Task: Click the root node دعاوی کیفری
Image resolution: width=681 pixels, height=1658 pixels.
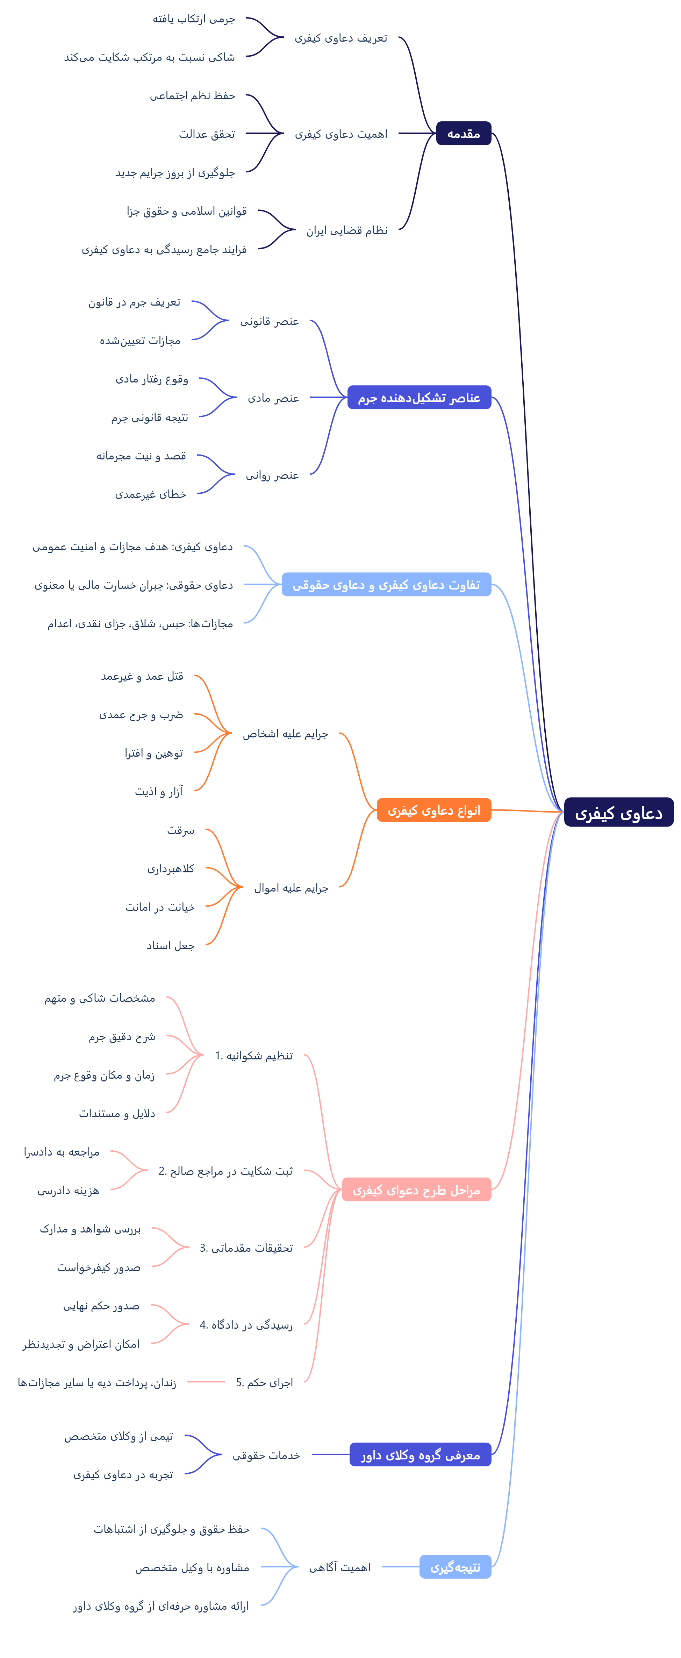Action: [x=618, y=812]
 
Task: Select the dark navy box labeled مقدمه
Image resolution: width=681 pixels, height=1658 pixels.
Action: [x=464, y=133]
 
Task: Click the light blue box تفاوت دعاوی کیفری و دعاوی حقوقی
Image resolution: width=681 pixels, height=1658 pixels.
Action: [x=386, y=584]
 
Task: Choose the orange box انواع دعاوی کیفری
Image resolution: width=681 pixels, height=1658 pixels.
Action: [x=434, y=810]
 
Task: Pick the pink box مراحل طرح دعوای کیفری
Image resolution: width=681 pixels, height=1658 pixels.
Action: [x=416, y=1189]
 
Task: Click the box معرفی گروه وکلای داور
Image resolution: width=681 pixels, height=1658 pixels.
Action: [x=420, y=1455]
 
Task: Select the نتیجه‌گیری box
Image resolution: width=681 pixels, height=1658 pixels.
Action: [x=455, y=1567]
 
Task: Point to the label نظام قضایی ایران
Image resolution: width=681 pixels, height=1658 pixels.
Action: [x=347, y=230]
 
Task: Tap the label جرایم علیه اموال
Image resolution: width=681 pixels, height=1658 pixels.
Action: [x=291, y=888]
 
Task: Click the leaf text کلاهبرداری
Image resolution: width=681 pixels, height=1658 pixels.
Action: [x=171, y=868]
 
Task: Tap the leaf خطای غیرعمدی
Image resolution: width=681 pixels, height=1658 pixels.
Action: [x=151, y=494]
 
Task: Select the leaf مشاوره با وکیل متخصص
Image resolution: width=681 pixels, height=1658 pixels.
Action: [x=192, y=1567]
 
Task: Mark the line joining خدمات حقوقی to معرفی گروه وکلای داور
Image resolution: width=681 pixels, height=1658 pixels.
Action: [x=330, y=1455]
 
